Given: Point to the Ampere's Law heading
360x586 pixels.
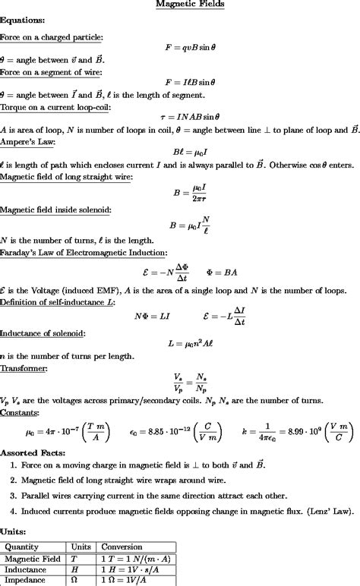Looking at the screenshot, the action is pos(27,142).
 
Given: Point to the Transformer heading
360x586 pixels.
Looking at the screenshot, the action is pos(24,368).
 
